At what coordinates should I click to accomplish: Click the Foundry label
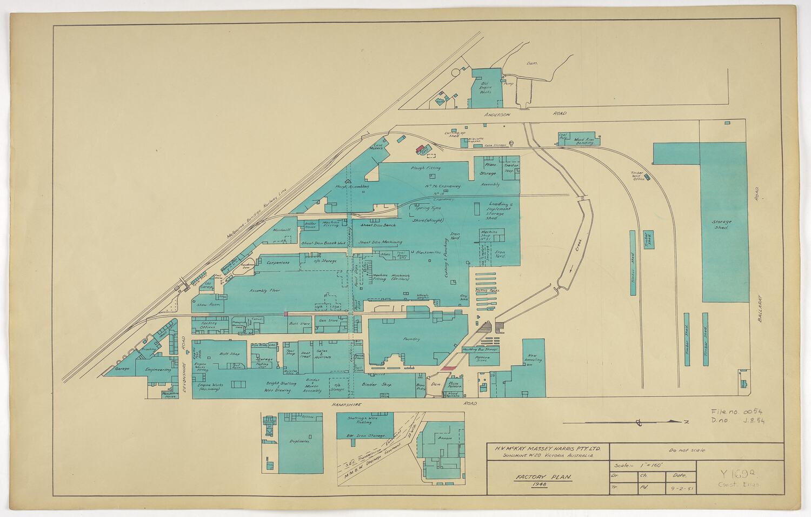411,339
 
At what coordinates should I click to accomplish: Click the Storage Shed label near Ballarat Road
722,225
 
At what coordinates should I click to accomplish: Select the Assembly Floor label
265,291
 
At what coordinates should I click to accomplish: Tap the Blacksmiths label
428,252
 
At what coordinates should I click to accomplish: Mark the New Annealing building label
533,360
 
